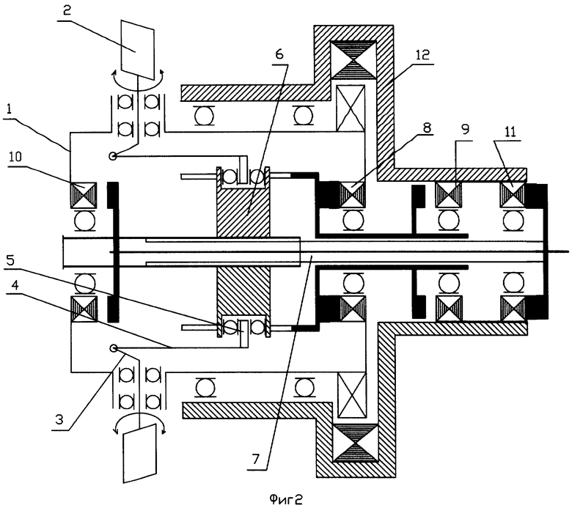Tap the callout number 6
(x=279, y=54)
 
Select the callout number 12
(x=422, y=54)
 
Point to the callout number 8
(x=426, y=128)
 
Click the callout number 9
(x=465, y=129)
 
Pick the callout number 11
(x=510, y=132)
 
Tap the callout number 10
(x=15, y=156)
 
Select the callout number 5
(x=10, y=260)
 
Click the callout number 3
(x=59, y=419)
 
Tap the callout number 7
(x=255, y=459)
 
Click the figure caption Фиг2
(x=286, y=498)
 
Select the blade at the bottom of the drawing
(x=140, y=453)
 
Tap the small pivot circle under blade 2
(x=112, y=156)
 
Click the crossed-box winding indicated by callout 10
(x=84, y=196)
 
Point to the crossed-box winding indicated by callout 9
(x=449, y=195)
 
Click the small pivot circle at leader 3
(x=113, y=349)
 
